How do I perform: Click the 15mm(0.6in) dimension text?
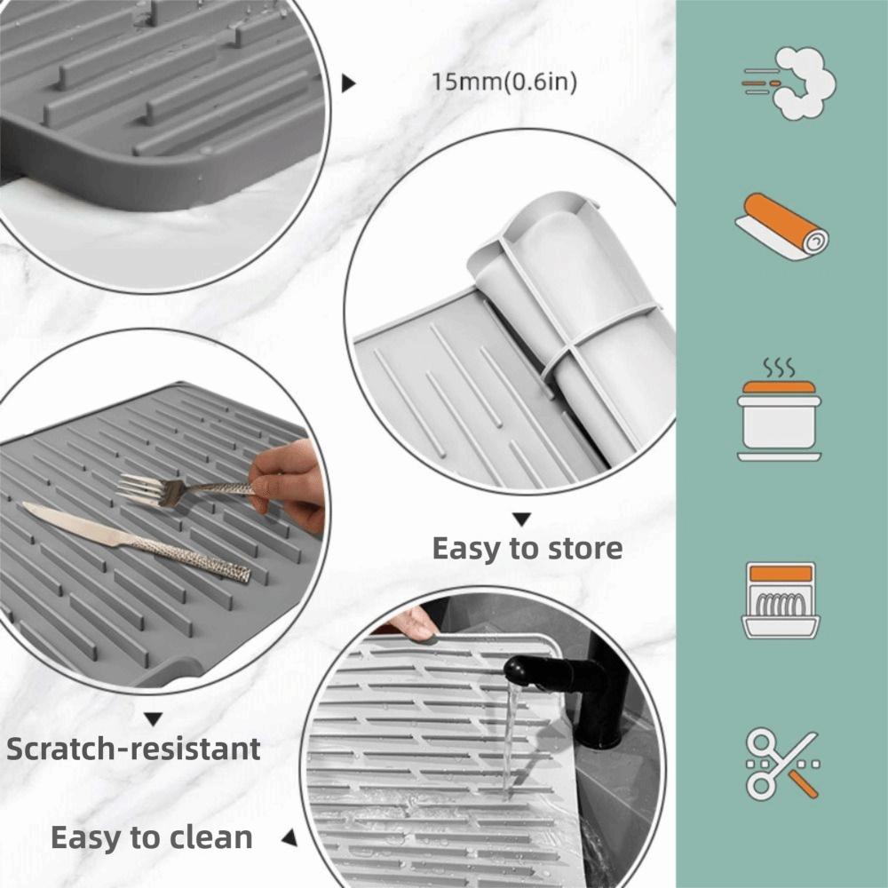coord(504,83)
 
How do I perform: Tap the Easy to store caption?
coord(527,549)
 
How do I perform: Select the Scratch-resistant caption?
coord(133,749)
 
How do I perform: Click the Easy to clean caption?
coord(151,836)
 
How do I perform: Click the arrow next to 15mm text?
coord(349,83)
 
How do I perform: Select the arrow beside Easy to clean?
coord(289,836)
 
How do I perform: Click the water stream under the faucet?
coord(511,737)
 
